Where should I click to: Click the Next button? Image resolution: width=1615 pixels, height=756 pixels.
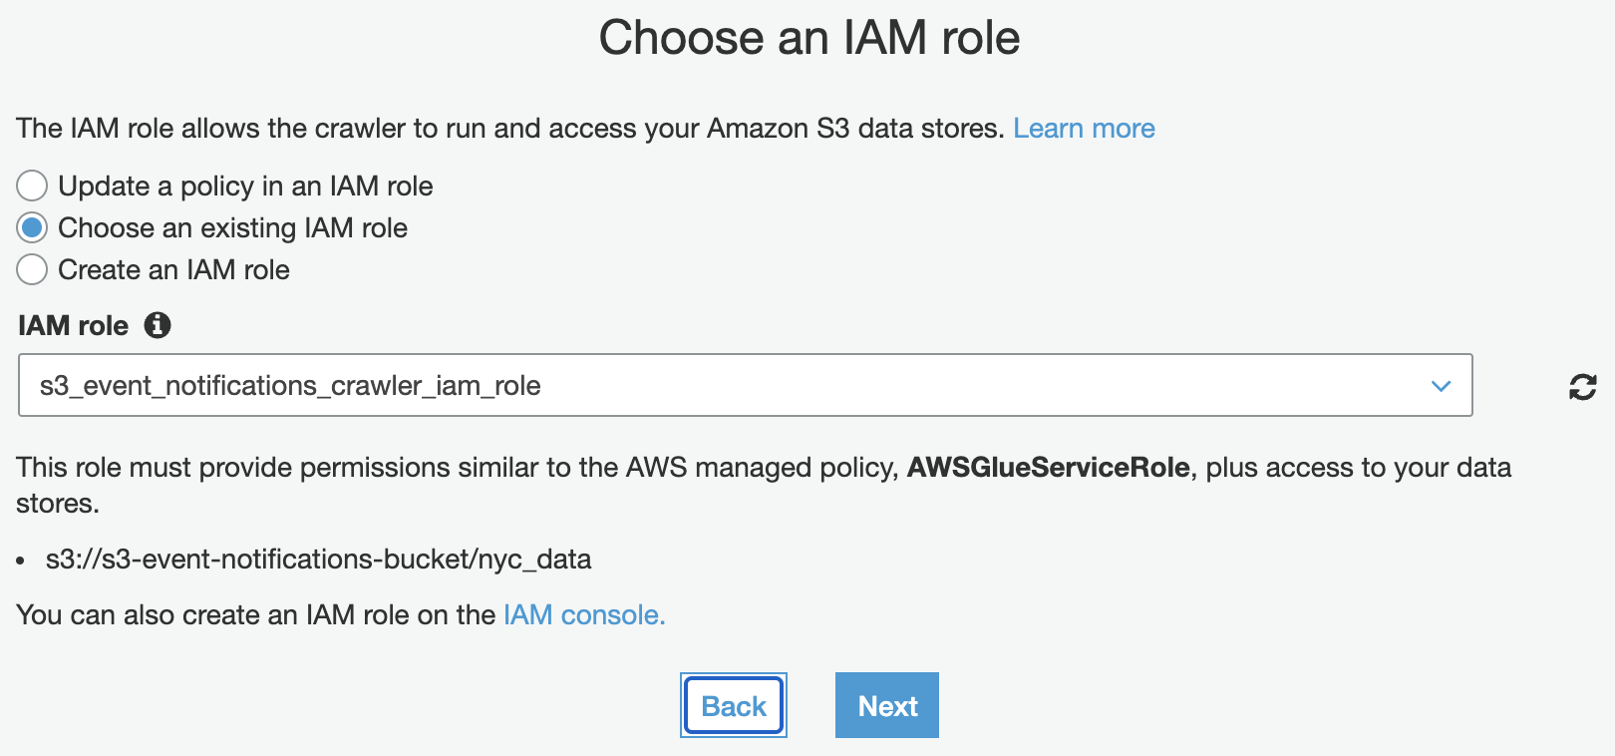point(886,705)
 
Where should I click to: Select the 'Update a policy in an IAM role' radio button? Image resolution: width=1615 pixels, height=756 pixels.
point(32,186)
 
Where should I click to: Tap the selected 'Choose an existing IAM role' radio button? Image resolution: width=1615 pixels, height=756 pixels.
point(32,228)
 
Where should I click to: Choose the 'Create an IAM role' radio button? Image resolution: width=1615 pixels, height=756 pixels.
point(32,269)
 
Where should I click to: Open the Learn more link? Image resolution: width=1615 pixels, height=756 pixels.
point(1084,129)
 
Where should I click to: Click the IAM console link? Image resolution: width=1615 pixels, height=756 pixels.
point(583,614)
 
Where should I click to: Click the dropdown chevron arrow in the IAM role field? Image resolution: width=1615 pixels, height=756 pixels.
point(1441,386)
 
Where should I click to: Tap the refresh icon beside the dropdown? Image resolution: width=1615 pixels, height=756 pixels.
point(1582,387)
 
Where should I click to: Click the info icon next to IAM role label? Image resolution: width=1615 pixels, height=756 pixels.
point(158,325)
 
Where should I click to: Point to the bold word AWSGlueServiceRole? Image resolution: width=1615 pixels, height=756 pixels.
point(1048,468)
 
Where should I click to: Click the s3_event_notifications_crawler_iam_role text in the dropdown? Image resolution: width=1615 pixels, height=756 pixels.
point(290,386)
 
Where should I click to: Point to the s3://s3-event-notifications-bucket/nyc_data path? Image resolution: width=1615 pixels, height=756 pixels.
point(318,559)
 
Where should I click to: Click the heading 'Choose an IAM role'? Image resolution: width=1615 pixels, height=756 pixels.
point(808,39)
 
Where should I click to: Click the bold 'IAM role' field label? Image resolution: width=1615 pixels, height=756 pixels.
point(73,326)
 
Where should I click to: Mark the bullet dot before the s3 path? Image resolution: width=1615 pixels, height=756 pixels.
point(21,561)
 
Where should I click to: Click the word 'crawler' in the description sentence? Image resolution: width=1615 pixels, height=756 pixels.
point(360,129)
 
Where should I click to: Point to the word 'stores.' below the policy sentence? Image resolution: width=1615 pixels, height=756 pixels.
point(58,504)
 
